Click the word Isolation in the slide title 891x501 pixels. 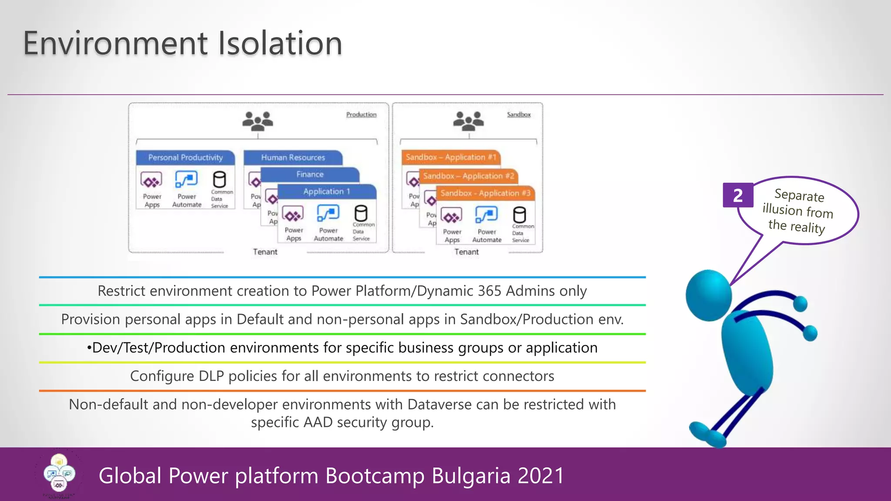(280, 43)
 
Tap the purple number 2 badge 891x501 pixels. (738, 195)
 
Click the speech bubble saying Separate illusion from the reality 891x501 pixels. (799, 211)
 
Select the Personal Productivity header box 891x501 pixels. (185, 157)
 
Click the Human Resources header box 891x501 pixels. (293, 157)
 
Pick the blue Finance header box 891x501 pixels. (310, 174)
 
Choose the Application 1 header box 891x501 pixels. (327, 191)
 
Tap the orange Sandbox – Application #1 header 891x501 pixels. (451, 157)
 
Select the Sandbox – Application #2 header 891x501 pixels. (469, 176)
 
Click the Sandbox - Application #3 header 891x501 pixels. (485, 193)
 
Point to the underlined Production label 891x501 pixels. (361, 114)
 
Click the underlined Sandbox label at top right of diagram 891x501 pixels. (519, 114)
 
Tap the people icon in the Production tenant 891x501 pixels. (258, 121)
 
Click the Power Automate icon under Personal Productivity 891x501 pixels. (186, 179)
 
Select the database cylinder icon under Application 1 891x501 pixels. (361, 214)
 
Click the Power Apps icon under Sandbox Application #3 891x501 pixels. (452, 216)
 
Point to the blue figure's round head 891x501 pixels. (709, 295)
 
